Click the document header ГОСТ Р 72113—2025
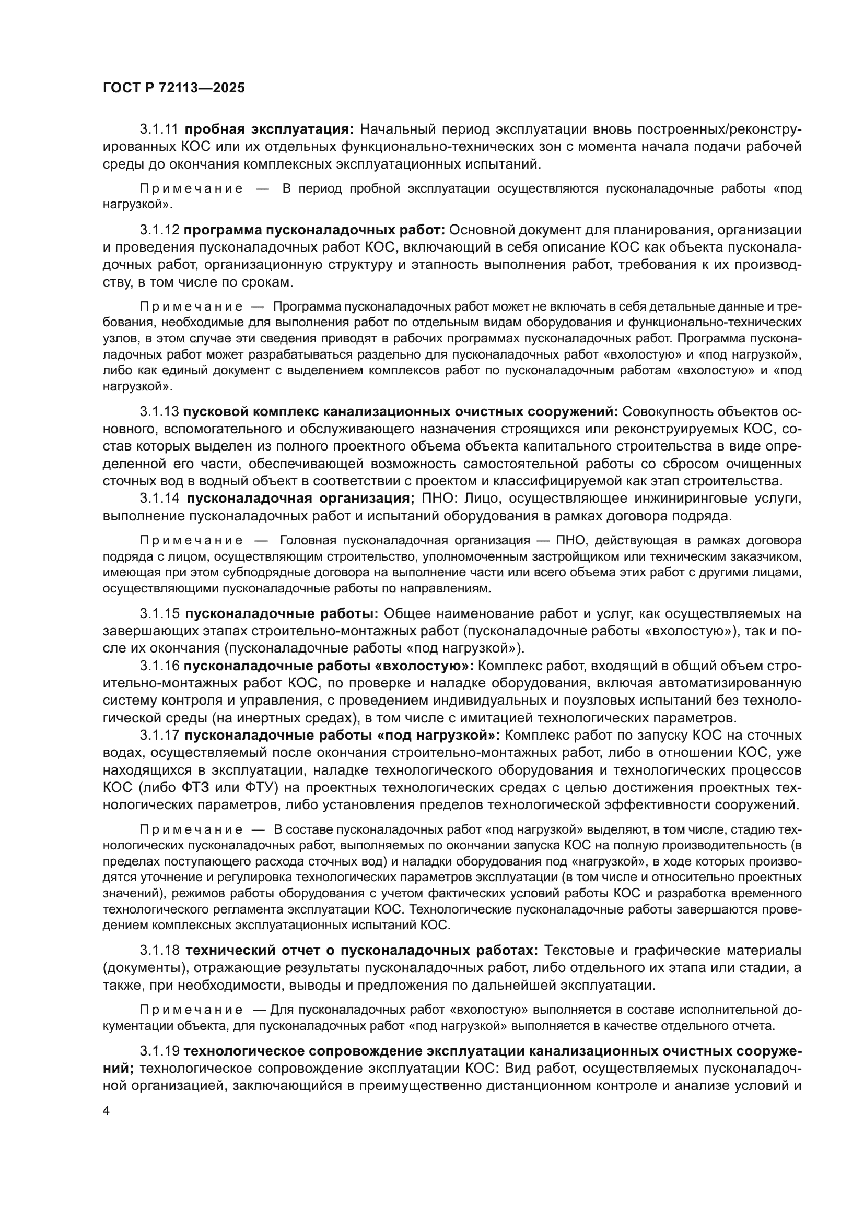(x=173, y=88)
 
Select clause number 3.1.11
(x=160, y=129)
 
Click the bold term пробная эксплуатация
(x=269, y=129)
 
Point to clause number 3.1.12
(x=160, y=230)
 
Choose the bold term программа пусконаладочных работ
(x=314, y=230)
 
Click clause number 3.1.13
(x=160, y=411)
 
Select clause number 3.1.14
(x=160, y=499)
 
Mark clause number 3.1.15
(x=160, y=613)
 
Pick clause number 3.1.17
(x=160, y=735)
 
